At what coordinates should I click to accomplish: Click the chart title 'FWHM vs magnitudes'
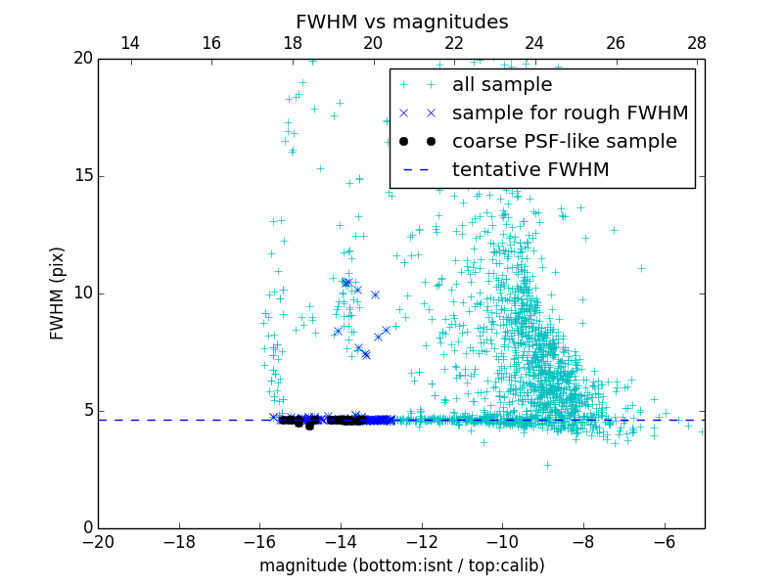tap(401, 22)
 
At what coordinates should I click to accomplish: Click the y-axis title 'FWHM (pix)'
tap(58, 293)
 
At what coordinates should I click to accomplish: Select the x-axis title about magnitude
tap(401, 565)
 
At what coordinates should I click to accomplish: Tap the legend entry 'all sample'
tap(502, 85)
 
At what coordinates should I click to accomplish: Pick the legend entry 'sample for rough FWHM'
tap(570, 113)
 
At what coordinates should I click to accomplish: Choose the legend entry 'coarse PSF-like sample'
tap(564, 141)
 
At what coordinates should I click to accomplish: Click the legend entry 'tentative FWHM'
tap(530, 169)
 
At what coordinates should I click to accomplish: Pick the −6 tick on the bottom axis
tap(665, 541)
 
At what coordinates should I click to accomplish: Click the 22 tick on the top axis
tap(454, 43)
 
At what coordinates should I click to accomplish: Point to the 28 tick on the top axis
tap(697, 43)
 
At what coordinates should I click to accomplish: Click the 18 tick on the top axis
tap(292, 43)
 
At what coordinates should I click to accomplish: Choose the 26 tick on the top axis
tap(616, 43)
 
